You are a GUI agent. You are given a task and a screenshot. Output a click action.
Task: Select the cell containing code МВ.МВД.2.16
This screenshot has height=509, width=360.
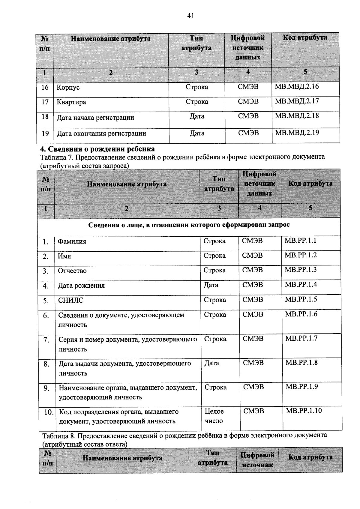(297, 87)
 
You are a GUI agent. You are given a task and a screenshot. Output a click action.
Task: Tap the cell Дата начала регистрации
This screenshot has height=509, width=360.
(95, 118)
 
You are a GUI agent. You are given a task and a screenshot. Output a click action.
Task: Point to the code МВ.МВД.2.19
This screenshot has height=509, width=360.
(297, 133)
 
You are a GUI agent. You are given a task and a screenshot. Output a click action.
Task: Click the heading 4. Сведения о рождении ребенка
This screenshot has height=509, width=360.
(97, 149)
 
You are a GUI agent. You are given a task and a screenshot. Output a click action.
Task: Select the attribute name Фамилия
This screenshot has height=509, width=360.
(72, 241)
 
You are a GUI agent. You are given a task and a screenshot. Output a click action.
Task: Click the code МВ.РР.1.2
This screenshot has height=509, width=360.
(301, 255)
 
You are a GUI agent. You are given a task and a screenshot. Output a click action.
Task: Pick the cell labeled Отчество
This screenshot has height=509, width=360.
(72, 271)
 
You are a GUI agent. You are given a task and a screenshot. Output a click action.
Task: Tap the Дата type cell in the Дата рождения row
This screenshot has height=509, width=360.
(211, 285)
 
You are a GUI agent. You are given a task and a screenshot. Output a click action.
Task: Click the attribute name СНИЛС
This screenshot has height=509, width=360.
(70, 300)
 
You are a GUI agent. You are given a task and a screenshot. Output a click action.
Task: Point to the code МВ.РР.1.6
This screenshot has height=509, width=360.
(301, 314)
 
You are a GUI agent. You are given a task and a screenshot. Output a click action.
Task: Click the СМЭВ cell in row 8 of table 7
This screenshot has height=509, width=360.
(253, 363)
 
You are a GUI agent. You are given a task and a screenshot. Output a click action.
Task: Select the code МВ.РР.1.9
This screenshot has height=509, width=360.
(301, 387)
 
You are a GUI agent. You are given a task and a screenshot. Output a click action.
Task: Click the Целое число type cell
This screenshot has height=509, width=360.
(214, 416)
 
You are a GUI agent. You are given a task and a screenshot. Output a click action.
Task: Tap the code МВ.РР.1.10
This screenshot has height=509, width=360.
(304, 411)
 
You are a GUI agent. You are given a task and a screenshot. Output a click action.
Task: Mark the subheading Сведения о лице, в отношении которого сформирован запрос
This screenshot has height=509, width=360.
(189, 225)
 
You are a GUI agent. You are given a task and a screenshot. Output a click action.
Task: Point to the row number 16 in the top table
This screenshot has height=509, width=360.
(45, 87)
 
